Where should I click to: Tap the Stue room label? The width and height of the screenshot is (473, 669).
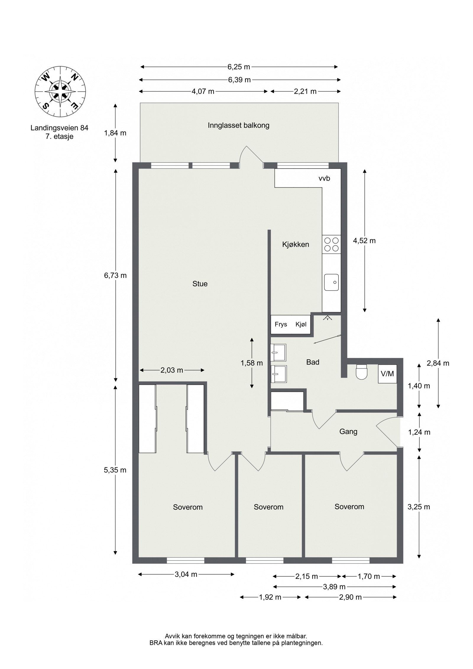(200, 284)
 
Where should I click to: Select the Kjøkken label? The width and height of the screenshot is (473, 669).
(296, 244)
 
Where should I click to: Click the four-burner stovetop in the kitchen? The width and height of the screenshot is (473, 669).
(331, 244)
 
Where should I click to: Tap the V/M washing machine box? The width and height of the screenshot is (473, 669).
(387, 374)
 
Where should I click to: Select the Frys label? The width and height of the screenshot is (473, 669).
(281, 324)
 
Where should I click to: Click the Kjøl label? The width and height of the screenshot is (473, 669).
(301, 324)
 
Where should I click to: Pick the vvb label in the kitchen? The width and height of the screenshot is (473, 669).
(324, 178)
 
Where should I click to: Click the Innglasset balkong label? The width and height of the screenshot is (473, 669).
(239, 125)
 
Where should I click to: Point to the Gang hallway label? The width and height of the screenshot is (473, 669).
(348, 432)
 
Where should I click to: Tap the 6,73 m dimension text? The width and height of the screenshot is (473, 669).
(115, 276)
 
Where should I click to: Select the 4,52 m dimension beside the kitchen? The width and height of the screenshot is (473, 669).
(364, 241)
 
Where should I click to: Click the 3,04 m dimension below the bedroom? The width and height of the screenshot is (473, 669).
(186, 574)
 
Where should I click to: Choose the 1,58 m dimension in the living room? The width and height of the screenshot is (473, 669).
(252, 363)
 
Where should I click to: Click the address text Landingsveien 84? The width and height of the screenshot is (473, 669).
(59, 128)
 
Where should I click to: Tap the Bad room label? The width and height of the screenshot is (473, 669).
(313, 362)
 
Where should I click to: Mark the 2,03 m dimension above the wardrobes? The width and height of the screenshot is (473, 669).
(172, 370)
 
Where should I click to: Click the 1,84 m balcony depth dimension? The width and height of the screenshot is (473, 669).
(115, 133)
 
